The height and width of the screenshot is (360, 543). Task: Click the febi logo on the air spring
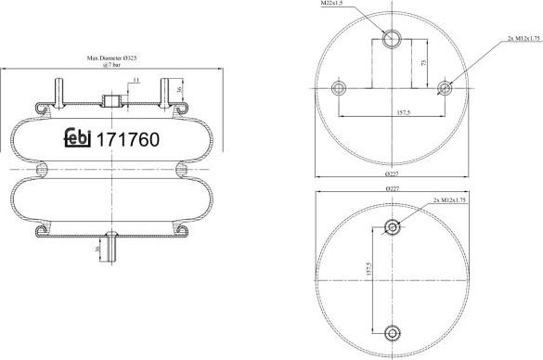click(x=76, y=140)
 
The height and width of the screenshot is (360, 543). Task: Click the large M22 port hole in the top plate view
click(x=391, y=38)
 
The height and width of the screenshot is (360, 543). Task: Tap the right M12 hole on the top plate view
click(x=445, y=88)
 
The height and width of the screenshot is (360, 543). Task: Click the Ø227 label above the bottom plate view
click(x=391, y=188)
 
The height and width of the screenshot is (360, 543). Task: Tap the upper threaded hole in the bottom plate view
click(x=393, y=227)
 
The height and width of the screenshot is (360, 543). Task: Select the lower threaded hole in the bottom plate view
click(x=393, y=333)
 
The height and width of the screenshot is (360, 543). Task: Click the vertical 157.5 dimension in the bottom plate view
click(x=369, y=278)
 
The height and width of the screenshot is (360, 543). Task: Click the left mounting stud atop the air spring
click(x=61, y=90)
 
